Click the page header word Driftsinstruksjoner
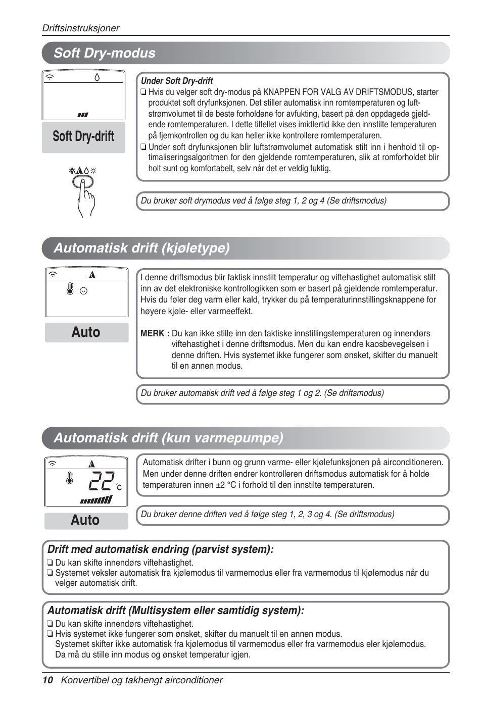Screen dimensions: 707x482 [x=80, y=28]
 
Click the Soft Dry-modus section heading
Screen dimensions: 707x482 [x=105, y=53]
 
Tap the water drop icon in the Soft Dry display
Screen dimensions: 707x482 [x=97, y=77]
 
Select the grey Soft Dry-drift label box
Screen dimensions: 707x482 [x=83, y=137]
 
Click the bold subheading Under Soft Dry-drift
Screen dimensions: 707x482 [x=177, y=81]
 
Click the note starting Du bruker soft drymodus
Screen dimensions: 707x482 [x=263, y=201]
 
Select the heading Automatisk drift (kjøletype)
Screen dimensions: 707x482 [x=141, y=248]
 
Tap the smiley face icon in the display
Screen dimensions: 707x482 [x=84, y=291]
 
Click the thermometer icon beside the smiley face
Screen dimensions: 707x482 [x=70, y=289]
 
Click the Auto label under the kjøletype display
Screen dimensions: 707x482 [x=86, y=332]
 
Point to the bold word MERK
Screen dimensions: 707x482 [x=152, y=333]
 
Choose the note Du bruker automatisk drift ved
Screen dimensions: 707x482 [x=262, y=393]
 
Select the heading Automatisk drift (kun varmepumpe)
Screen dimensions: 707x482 [x=168, y=438]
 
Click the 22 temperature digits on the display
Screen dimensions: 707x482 [x=102, y=481]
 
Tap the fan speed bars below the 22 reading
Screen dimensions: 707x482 [x=96, y=500]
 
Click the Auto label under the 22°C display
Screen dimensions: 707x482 [x=85, y=521]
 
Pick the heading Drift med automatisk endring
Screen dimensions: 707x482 [x=160, y=549]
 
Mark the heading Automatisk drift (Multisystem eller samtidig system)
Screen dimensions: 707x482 [x=176, y=611]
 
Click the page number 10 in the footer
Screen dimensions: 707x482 [x=47, y=680]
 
